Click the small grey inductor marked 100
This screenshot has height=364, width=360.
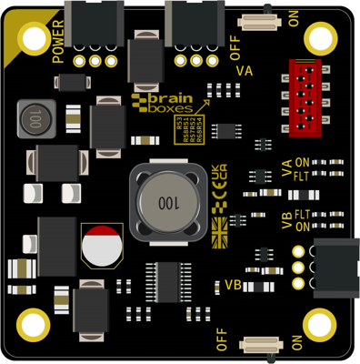(x=33, y=118)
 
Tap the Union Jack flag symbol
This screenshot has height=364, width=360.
(x=218, y=231)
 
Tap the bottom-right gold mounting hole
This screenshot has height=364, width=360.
(x=322, y=324)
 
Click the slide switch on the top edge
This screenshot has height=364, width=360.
(x=261, y=21)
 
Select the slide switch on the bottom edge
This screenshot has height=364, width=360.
(x=261, y=344)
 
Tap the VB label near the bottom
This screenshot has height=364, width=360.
(x=232, y=285)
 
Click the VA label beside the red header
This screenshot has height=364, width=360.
(x=244, y=71)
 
